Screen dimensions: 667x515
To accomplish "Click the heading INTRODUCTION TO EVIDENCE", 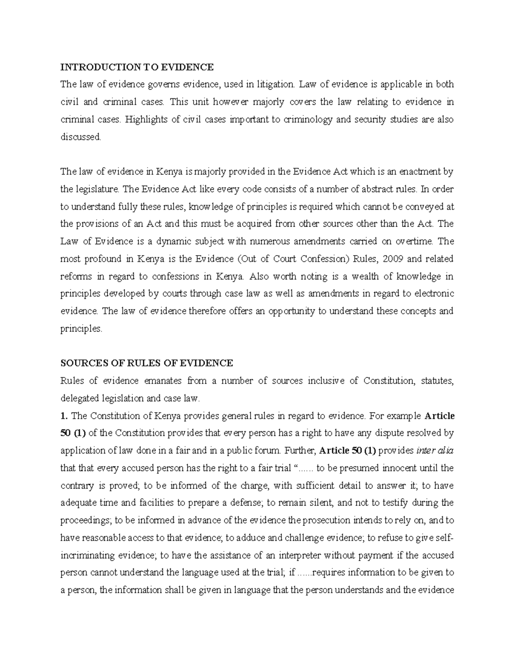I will click(136, 67).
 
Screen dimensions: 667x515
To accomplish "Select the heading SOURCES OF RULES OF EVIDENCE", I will click(146, 363).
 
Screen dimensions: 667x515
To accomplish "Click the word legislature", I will click(97, 189).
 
